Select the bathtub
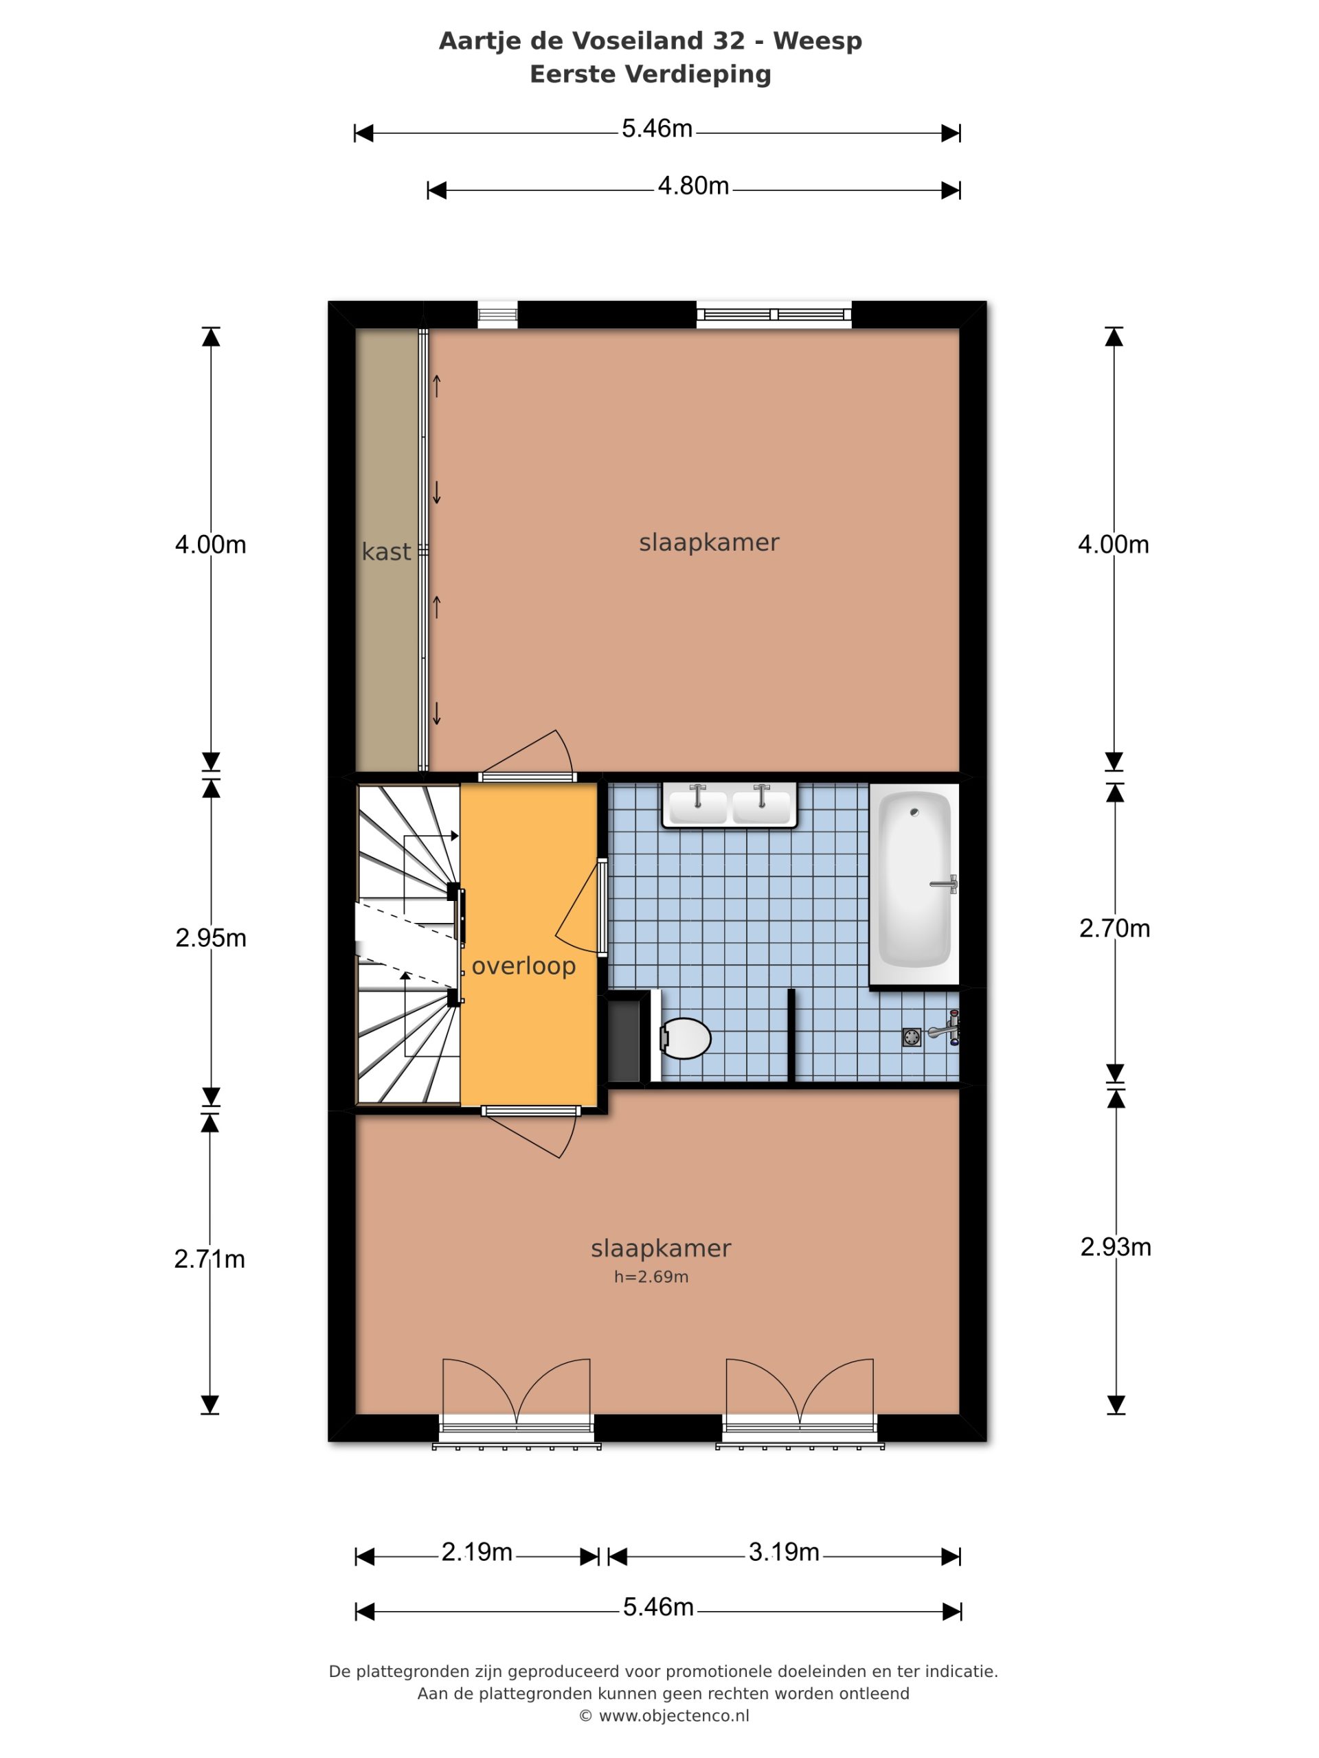pos(914,884)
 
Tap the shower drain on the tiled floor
pos(911,1037)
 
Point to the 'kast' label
pos(386,551)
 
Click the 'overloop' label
pos(523,966)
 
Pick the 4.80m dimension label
pos(693,186)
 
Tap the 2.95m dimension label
pos(211,938)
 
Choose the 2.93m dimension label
pos(1116,1247)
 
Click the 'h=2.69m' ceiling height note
pos(651,1277)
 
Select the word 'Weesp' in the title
pos(818,41)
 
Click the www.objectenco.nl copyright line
pos(664,1738)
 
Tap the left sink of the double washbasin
pos(697,804)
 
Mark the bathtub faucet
pos(944,884)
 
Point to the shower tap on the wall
pos(946,1029)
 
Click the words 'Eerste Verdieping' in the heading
pos(651,74)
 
